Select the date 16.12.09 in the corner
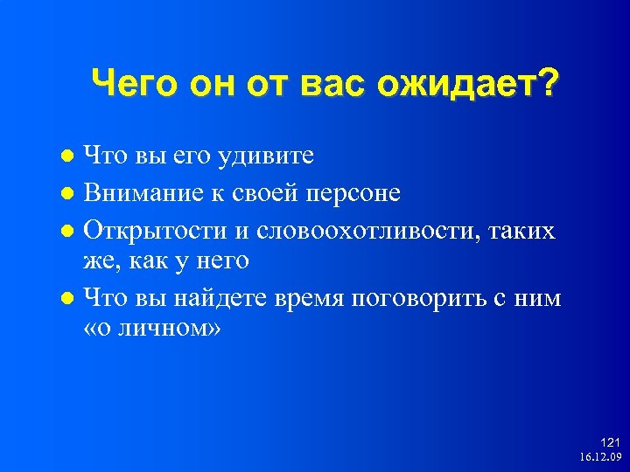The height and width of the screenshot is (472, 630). (x=599, y=457)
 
